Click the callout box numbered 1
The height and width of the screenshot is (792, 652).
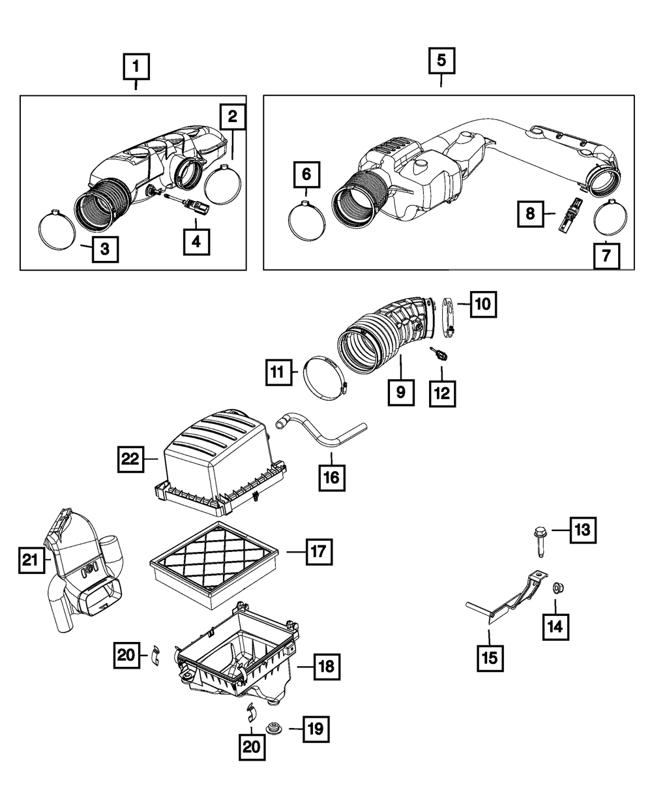[136, 66]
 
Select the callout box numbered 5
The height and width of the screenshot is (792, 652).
[441, 61]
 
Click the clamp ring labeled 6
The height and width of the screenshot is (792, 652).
[306, 221]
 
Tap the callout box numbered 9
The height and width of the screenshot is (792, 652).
[400, 392]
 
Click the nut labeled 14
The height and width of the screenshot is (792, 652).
[559, 588]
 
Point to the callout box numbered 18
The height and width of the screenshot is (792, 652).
[326, 665]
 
